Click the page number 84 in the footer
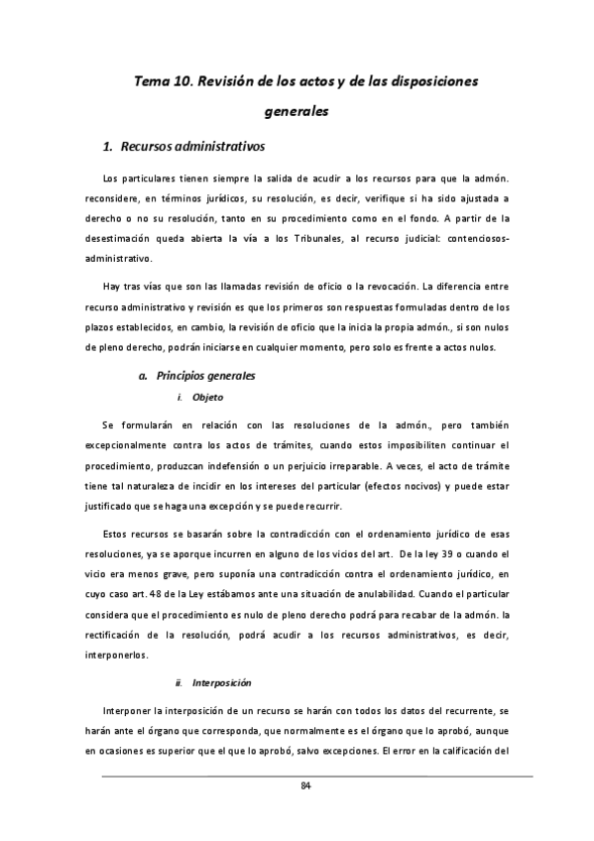click(306, 786)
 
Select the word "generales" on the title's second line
click(296, 112)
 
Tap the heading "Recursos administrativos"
click(192, 148)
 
